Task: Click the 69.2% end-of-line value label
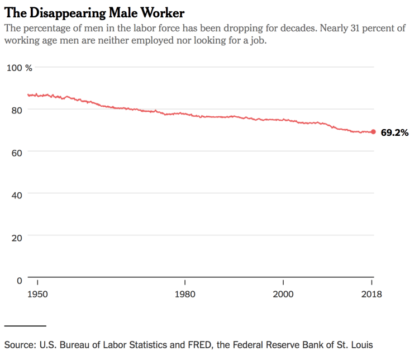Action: [x=395, y=132]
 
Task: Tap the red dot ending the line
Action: [x=373, y=132]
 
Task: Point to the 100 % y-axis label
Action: [x=20, y=68]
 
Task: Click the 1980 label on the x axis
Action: [x=185, y=295]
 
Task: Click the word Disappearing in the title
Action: [x=65, y=12]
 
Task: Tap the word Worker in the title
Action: [x=165, y=12]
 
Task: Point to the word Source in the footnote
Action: [x=20, y=344]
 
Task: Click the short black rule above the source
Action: [x=25, y=325]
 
